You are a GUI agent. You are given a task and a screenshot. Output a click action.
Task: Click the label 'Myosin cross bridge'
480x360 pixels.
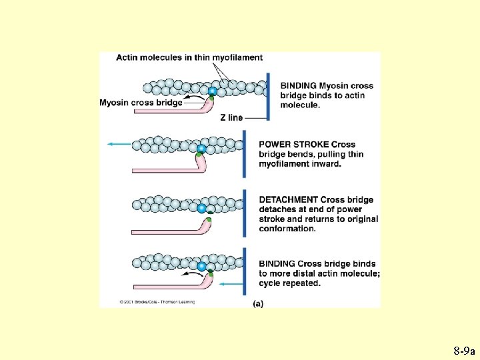pyautogui.click(x=141, y=103)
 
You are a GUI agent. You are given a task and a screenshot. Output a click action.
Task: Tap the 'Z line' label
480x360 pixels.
pyautogui.click(x=231, y=118)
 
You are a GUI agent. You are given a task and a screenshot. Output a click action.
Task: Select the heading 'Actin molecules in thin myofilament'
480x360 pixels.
pyautogui.click(x=189, y=57)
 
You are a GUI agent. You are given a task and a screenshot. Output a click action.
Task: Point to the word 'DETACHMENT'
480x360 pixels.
pyautogui.click(x=288, y=200)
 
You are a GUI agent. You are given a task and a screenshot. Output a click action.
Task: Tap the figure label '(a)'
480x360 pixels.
pyautogui.click(x=257, y=303)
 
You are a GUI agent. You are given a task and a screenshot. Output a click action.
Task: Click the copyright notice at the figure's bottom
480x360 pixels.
pyautogui.click(x=157, y=302)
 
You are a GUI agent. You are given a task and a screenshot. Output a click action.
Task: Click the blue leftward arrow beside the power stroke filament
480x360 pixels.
pyautogui.click(x=119, y=144)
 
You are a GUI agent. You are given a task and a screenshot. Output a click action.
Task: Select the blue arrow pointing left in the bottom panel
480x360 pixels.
pyautogui.click(x=233, y=284)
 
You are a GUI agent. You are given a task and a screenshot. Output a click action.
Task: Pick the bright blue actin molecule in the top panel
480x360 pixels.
pyautogui.click(x=212, y=91)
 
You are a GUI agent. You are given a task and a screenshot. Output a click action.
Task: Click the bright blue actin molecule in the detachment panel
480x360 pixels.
pyautogui.click(x=201, y=209)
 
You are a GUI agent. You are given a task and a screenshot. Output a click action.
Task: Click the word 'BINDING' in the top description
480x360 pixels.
pyautogui.click(x=298, y=86)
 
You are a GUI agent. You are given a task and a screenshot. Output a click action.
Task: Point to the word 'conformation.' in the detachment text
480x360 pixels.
pyautogui.click(x=287, y=229)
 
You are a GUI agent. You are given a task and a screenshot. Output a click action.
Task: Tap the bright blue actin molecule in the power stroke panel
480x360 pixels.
pyautogui.click(x=201, y=148)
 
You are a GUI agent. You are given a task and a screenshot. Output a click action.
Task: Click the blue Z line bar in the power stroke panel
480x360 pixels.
pyautogui.click(x=245, y=153)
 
